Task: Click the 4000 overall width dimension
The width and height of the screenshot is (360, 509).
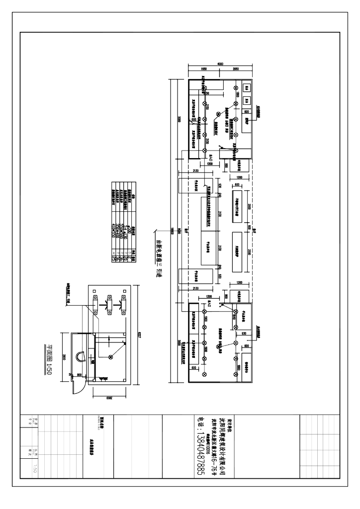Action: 220,63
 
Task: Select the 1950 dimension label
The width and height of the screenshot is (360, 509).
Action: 203,68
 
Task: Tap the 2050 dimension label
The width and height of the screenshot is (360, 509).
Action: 236,68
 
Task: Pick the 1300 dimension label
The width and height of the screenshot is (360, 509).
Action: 209,296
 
